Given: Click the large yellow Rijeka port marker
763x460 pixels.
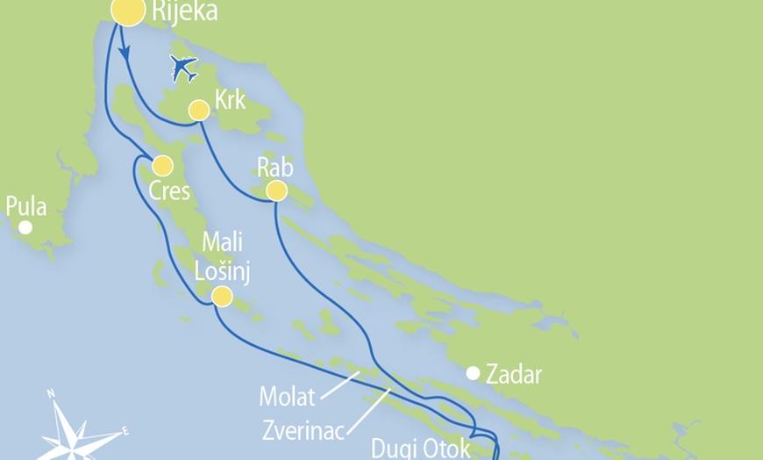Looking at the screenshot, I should [x=127, y=11].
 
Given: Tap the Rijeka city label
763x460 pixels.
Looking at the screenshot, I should [x=184, y=12].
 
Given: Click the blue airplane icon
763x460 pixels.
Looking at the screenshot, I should [x=183, y=68].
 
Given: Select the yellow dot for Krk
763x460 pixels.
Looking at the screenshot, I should [x=199, y=110].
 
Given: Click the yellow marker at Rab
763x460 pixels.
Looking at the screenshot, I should [x=276, y=190].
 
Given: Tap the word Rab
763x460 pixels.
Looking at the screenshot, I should [x=275, y=167].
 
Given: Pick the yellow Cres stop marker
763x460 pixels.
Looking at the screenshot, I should [x=162, y=165].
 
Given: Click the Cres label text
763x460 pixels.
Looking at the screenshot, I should [x=169, y=190].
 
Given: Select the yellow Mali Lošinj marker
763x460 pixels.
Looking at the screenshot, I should [x=222, y=297].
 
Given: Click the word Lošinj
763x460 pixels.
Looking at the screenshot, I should [x=226, y=271].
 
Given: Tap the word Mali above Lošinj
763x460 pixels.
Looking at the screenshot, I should [x=223, y=243].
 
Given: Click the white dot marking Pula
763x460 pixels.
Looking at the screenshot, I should [x=25, y=227].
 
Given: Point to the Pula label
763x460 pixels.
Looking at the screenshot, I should [x=25, y=207].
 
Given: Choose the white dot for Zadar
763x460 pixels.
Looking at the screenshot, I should [x=473, y=373].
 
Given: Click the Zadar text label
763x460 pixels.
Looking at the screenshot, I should [x=515, y=376].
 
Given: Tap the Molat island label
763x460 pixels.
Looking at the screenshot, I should [x=287, y=397].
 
